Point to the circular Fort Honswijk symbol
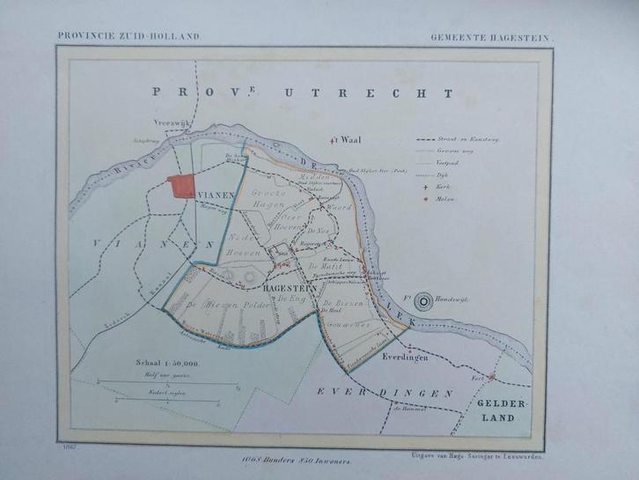[424, 300]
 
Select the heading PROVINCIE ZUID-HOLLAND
[129, 36]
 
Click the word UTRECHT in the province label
[400, 92]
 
